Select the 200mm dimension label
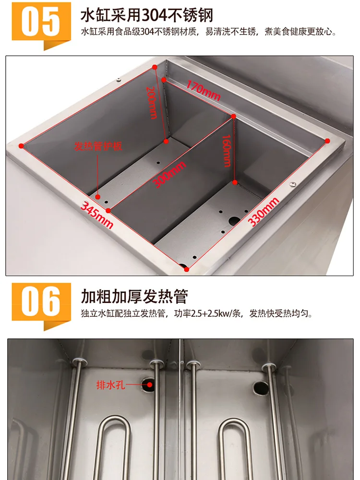tap(151, 103)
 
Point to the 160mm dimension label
tap(227, 150)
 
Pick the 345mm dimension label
tap(97, 215)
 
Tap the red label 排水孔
tap(110, 384)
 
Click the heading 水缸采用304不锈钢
tap(147, 15)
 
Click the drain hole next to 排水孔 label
tap(148, 383)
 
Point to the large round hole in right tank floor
tap(234, 221)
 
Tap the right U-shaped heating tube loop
tap(236, 444)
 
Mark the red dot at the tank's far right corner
tap(328, 141)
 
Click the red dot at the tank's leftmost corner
tap(21, 144)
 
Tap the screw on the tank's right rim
tap(292, 182)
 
